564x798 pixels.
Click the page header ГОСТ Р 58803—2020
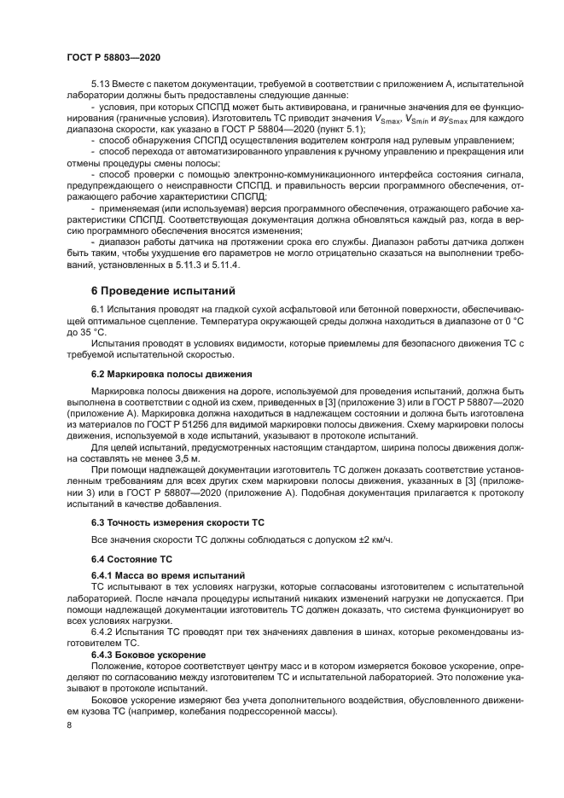[113, 57]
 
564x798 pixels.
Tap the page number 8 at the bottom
[68, 725]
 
